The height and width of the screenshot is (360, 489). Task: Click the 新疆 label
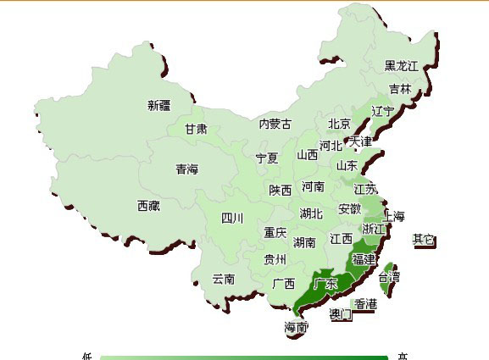pyautogui.click(x=158, y=105)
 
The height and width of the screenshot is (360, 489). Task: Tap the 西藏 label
pyautogui.click(x=148, y=205)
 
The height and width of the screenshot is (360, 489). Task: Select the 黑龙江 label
pyautogui.click(x=401, y=65)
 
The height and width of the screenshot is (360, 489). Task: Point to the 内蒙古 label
pyautogui.click(x=275, y=125)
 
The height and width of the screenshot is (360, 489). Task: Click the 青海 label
pyautogui.click(x=186, y=169)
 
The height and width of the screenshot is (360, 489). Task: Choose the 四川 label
pyautogui.click(x=232, y=218)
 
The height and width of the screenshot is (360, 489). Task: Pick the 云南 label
pyautogui.click(x=224, y=278)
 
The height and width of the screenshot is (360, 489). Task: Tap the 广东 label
pyautogui.click(x=325, y=283)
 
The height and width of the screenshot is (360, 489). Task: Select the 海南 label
pyautogui.click(x=297, y=327)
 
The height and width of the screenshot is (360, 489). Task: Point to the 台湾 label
pyautogui.click(x=390, y=277)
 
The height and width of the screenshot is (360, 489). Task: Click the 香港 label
pyautogui.click(x=366, y=303)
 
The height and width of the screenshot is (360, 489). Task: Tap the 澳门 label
pyautogui.click(x=340, y=314)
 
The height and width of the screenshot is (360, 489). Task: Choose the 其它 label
pyautogui.click(x=424, y=240)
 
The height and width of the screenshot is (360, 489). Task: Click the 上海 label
pyautogui.click(x=395, y=215)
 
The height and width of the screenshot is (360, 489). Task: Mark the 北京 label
pyautogui.click(x=339, y=124)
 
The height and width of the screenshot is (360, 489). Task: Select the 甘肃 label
pyautogui.click(x=196, y=130)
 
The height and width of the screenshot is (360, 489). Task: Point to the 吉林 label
pyautogui.click(x=400, y=88)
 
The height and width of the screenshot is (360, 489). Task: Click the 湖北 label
pyautogui.click(x=311, y=214)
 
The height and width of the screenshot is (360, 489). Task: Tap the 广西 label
pyautogui.click(x=284, y=283)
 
